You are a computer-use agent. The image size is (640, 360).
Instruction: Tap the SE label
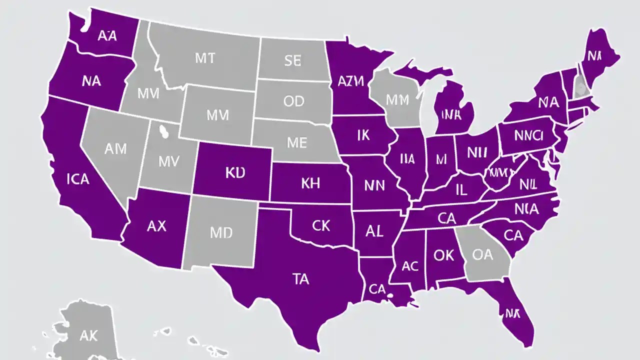(x=292, y=61)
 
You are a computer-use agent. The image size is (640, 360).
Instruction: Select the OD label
(x=293, y=101)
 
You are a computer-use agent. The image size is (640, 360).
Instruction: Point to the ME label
(x=296, y=142)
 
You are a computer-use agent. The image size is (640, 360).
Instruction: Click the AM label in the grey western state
(x=115, y=148)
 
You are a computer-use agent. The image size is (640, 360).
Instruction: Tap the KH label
(x=310, y=183)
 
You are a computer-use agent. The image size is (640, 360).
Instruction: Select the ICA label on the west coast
(x=77, y=178)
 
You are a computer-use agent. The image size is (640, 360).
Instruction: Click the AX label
(x=156, y=226)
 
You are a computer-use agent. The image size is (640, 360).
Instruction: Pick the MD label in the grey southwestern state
(x=221, y=233)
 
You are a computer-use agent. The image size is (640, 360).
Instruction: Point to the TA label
(x=300, y=279)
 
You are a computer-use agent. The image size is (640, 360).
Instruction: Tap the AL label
(x=374, y=231)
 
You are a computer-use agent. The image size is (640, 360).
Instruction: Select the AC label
(x=409, y=266)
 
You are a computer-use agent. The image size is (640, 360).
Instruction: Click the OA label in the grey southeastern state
(x=482, y=255)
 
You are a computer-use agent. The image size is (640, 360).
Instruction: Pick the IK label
(x=363, y=135)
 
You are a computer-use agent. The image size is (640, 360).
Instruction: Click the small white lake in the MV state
(x=162, y=131)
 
